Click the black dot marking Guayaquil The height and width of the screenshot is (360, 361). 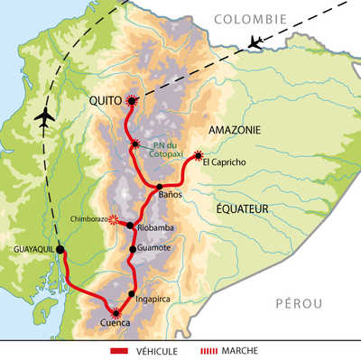coord(60,249)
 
